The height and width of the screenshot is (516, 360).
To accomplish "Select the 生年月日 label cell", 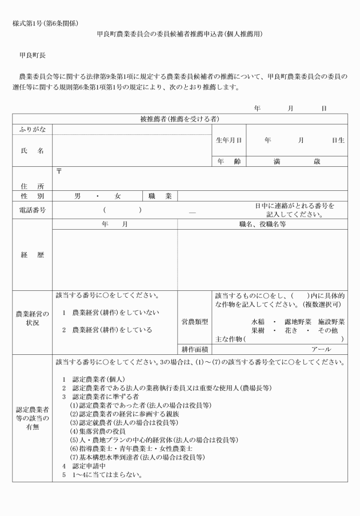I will [229, 140].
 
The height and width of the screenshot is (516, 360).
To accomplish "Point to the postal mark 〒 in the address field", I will [59, 170].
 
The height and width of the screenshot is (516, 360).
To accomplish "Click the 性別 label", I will [32, 196].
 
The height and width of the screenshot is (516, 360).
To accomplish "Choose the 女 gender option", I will [118, 196].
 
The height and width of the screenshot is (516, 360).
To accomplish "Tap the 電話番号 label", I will [32, 210].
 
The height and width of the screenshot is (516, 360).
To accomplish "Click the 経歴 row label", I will [32, 255].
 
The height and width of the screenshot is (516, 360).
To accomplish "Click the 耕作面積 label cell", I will [194, 349].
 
